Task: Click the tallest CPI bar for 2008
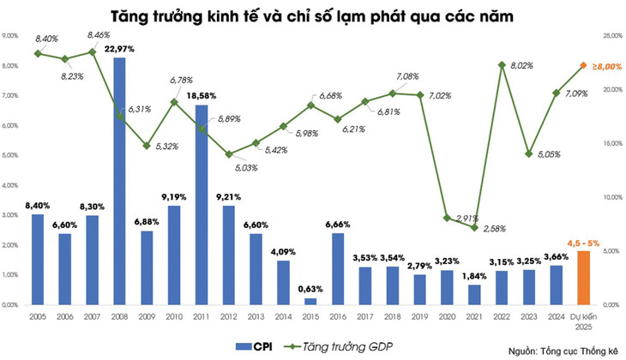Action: point(119,180)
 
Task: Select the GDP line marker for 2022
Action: point(502,65)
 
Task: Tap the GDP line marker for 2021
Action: point(474,227)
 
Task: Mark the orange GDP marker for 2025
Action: point(583,66)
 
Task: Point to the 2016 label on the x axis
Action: point(337,316)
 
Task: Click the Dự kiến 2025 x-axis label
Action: point(583,321)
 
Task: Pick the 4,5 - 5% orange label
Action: point(583,243)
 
